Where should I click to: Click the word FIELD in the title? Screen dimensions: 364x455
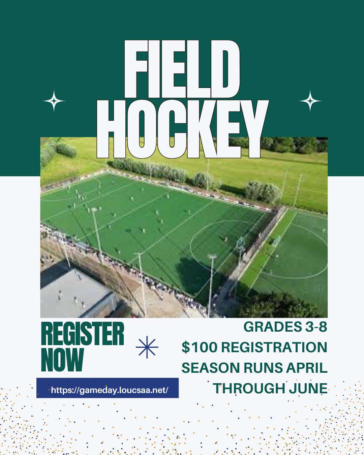182,69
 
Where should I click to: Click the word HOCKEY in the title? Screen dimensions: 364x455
183,129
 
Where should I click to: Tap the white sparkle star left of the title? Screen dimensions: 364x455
54,101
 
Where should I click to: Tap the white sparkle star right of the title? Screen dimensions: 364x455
310,101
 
